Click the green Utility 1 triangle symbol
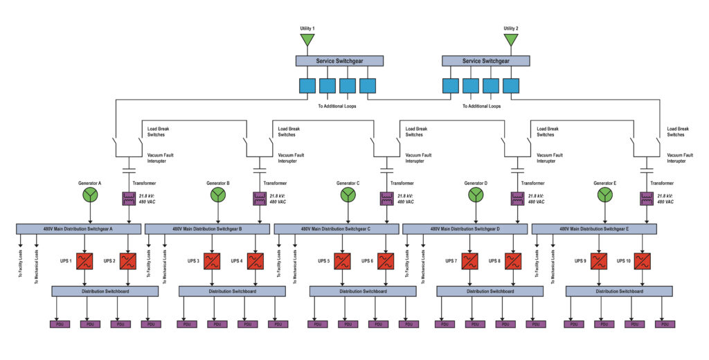[307, 39]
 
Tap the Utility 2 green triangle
[511, 39]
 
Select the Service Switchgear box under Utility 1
[339, 61]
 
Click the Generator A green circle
[90, 195]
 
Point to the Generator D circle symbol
[476, 195]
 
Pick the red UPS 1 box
[85, 261]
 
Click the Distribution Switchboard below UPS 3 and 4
[233, 291]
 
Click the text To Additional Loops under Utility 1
[337, 106]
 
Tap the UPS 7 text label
[451, 261]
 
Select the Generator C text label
[348, 183]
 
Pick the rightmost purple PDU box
[665, 324]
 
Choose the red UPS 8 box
[513, 261]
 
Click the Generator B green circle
[218, 195]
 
